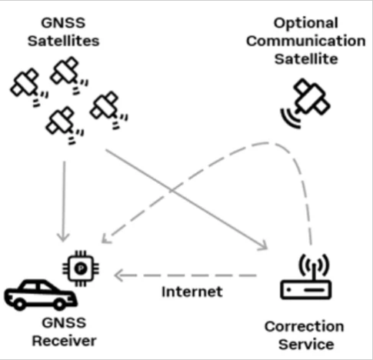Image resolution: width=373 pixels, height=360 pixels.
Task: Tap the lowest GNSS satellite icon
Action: (61, 123)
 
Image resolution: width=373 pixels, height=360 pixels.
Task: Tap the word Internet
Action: (191, 292)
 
